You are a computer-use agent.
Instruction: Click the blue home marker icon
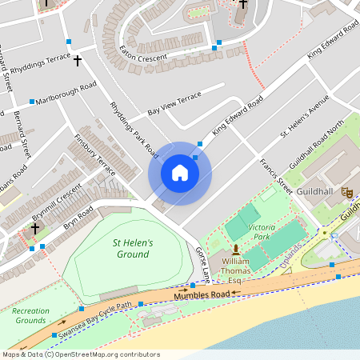[x=180, y=172]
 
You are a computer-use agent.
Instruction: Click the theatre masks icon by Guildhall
[x=346, y=192]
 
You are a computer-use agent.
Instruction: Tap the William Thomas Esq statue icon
[x=235, y=250]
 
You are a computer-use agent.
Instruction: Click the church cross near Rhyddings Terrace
[x=78, y=60]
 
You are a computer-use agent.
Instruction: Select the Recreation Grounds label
[x=30, y=315]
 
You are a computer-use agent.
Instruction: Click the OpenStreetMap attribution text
[x=80, y=354]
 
